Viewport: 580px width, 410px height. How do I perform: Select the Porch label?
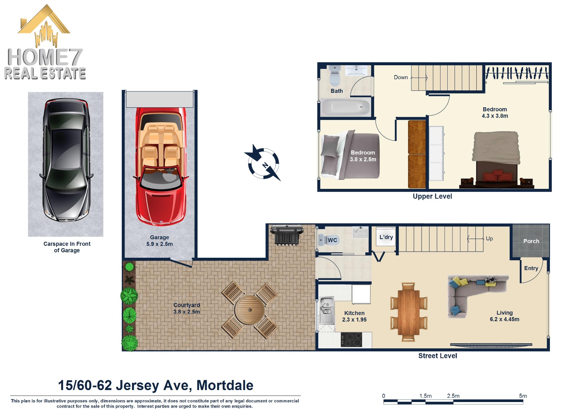point(531,241)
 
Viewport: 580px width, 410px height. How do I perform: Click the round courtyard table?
point(249,310)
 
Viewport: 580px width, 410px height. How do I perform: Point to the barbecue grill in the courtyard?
point(286,235)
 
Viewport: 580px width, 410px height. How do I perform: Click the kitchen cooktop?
point(351,340)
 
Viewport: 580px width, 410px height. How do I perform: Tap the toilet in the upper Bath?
point(335,76)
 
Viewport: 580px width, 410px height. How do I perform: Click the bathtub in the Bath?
point(345,107)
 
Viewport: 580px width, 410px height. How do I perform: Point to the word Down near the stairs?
point(401,77)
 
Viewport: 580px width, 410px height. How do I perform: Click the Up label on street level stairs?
point(489,239)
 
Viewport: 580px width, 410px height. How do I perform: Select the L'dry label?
point(386,237)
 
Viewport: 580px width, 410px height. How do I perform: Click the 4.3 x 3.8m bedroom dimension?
point(495,116)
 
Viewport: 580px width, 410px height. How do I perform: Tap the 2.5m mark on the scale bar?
point(453,396)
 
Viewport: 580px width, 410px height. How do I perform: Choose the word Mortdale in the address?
point(225,385)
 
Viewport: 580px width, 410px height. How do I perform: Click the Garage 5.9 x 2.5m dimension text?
point(159,244)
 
